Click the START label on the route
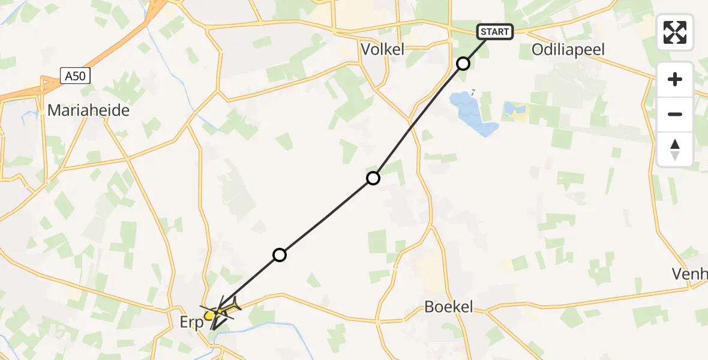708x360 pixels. (495, 32)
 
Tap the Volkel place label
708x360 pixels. (382, 49)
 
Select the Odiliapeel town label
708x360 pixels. (568, 49)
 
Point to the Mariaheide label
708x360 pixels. (88, 110)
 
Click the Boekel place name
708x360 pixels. (448, 307)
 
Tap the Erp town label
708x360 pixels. (192, 323)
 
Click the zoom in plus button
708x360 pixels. (675, 79)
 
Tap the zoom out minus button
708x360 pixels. (675, 114)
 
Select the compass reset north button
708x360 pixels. (675, 149)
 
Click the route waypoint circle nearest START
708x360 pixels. (463, 63)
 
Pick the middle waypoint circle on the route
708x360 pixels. (373, 178)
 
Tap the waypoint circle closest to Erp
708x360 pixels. (279, 255)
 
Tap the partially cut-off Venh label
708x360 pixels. (690, 274)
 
